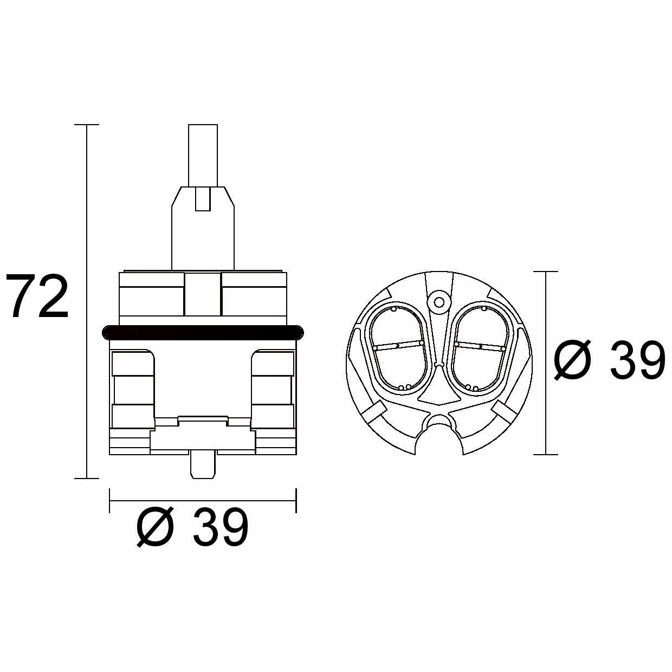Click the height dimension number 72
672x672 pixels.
[x=37, y=296]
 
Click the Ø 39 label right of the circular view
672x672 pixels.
[x=609, y=360]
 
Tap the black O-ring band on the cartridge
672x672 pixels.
[x=203, y=332]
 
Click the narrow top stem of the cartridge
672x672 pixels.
[x=203, y=156]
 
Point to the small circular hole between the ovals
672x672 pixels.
[x=439, y=302]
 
